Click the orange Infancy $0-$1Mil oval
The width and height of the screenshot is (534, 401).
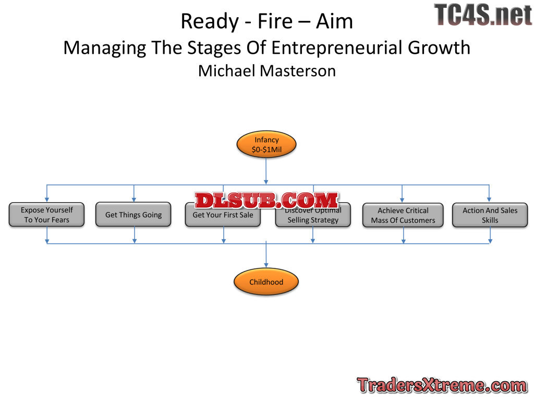pyautogui.click(x=266, y=145)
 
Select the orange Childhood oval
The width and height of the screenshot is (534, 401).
pyautogui.click(x=266, y=282)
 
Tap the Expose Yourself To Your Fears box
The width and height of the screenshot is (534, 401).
pyautogui.click(x=46, y=215)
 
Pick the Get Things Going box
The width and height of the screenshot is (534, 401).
pyautogui.click(x=133, y=215)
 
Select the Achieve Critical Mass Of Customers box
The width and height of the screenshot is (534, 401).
pyautogui.click(x=403, y=215)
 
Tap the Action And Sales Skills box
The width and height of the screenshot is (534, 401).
pyautogui.click(x=490, y=215)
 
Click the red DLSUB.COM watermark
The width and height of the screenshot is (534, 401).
pyautogui.click(x=266, y=200)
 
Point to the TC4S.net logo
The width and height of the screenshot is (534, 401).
pyautogui.click(x=483, y=15)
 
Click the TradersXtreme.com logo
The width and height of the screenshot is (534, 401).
pyautogui.click(x=442, y=385)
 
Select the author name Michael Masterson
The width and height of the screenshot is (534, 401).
pyautogui.click(x=266, y=70)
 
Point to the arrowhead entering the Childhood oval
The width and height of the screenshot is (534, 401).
pyautogui.click(x=266, y=266)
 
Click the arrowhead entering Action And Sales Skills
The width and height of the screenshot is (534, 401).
pyautogui.click(x=489, y=199)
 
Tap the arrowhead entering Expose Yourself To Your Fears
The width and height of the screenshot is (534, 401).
pyautogui.click(x=47, y=199)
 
